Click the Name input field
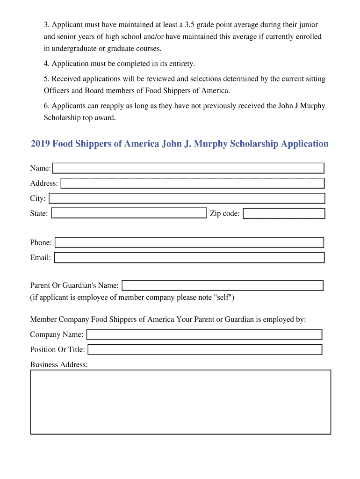[188, 168]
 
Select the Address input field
[193, 183]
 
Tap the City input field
[187, 198]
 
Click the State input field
[129, 213]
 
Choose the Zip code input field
[284, 214]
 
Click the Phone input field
[189, 242]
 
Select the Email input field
[189, 257]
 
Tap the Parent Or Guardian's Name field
[223, 285]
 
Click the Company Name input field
[204, 334]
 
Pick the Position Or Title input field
[205, 349]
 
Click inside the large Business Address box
[180, 402]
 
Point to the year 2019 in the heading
[40, 144]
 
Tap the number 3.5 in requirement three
[190, 24]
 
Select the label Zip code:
[224, 214]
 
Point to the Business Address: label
[59, 364]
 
